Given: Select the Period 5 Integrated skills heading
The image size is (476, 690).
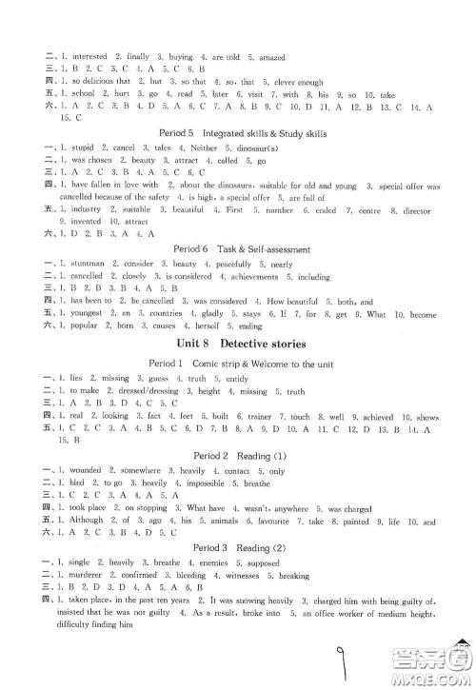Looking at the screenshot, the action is tap(238, 134).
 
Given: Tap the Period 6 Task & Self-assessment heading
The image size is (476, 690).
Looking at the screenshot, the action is tap(238, 249).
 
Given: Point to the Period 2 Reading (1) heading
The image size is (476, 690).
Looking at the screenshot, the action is tap(238, 429).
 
